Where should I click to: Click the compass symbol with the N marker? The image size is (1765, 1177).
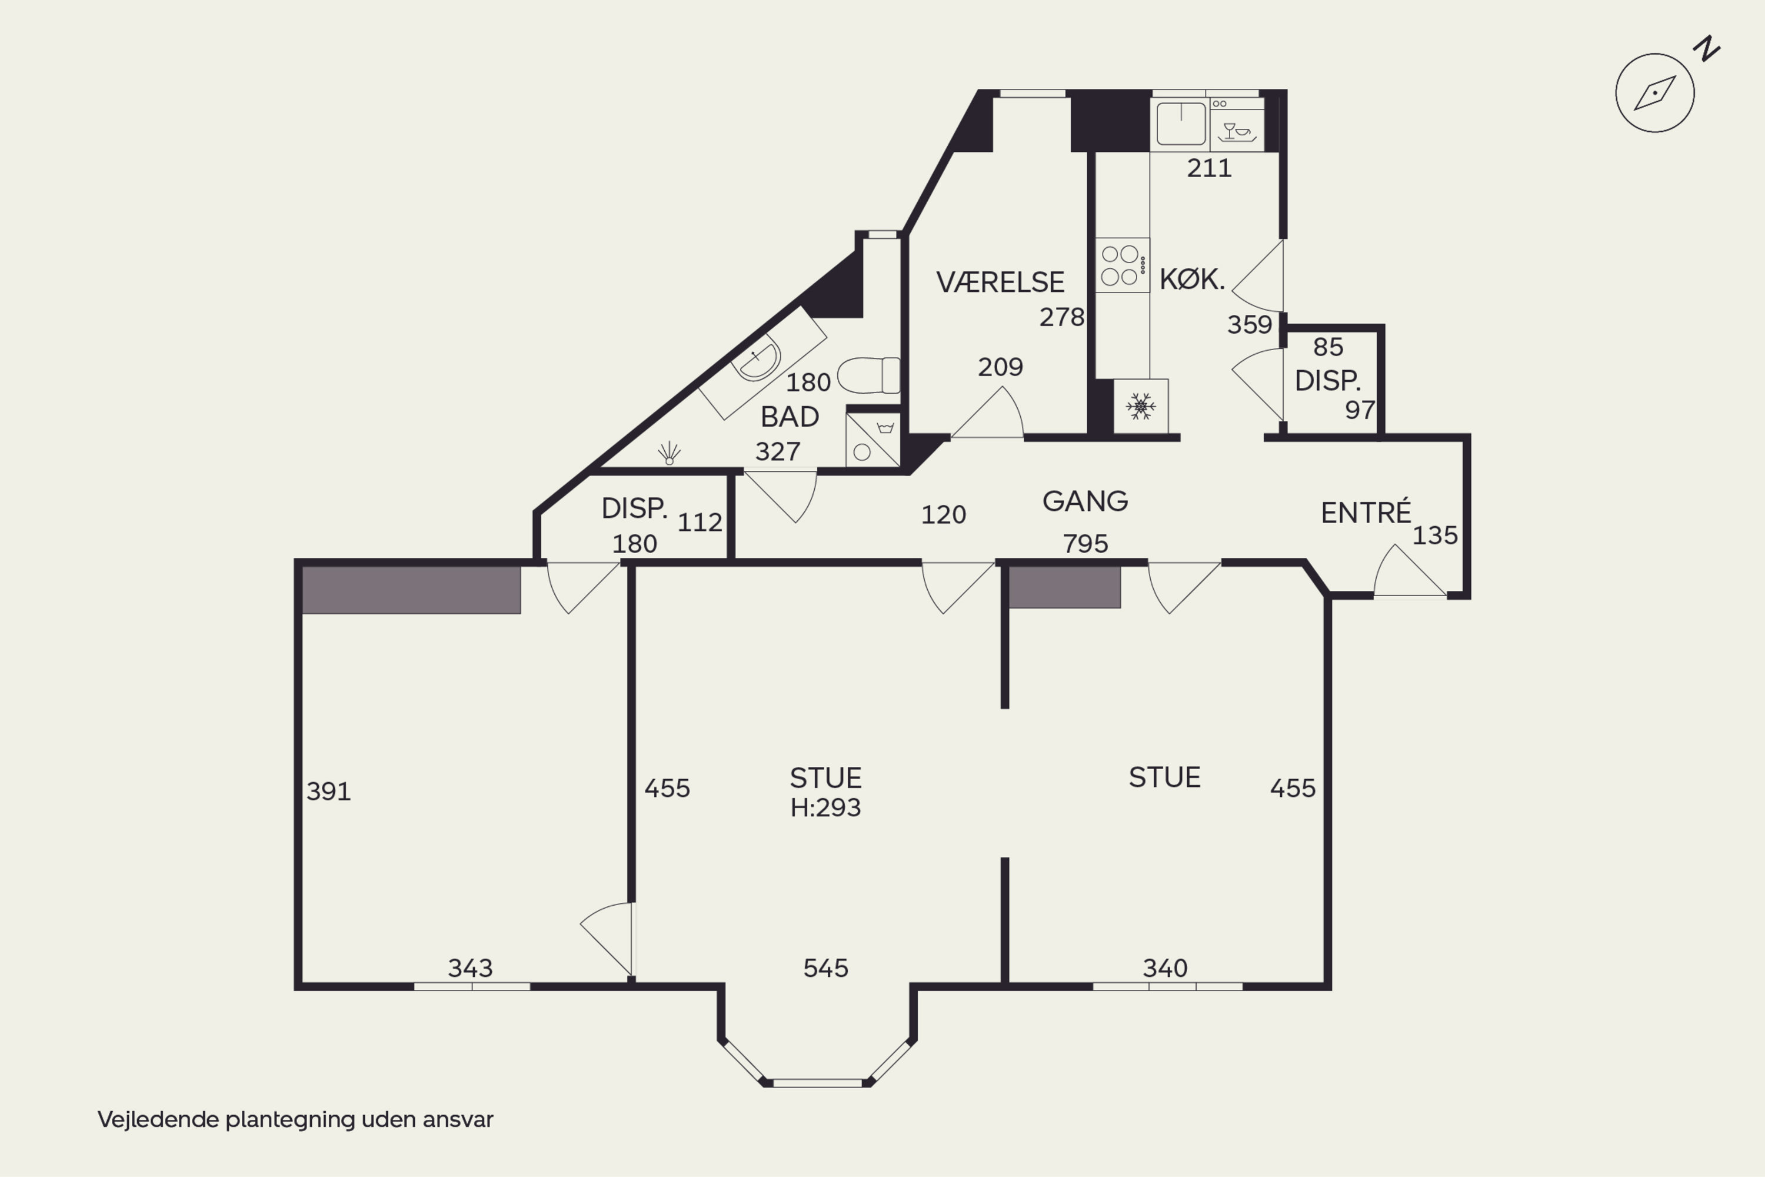pos(1654,92)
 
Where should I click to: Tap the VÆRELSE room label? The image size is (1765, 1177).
pos(1000,282)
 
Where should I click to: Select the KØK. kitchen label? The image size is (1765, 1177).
pos(1192,279)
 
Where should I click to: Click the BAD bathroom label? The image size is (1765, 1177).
pos(790,417)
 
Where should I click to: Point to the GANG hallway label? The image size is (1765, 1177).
pos(1085,501)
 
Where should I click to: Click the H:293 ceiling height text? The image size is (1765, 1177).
pos(825,807)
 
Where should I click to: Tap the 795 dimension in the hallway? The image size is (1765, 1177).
pos(1085,543)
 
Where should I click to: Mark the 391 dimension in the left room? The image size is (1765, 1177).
pos(329,791)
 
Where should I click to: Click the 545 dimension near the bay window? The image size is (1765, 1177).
pos(825,968)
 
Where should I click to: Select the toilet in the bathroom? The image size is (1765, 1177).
pos(868,375)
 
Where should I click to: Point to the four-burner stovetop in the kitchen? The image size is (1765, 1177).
pos(1122,265)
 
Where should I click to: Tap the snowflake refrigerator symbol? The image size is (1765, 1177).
pos(1141,406)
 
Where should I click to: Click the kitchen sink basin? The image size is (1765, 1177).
pos(1180,124)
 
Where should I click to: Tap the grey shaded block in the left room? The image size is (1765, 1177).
pos(411,590)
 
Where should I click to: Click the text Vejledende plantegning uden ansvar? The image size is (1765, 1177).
pos(295,1120)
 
